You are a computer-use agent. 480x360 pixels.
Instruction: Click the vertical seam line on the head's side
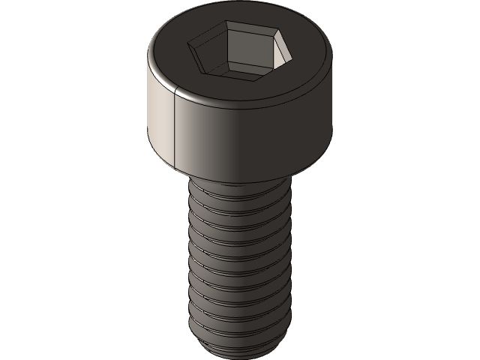174,127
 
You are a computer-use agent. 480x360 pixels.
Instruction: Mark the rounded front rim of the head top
240,101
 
